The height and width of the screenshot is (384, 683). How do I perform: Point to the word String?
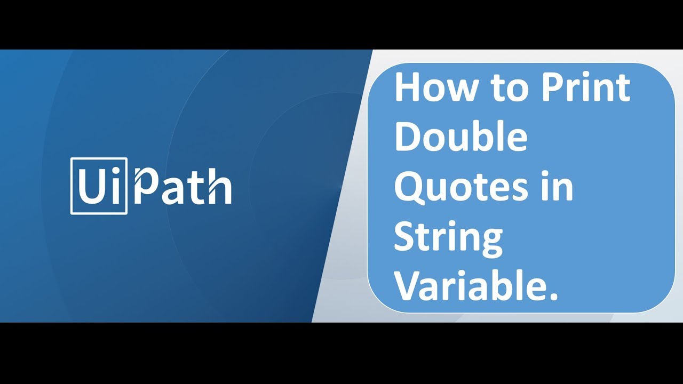(x=448, y=238)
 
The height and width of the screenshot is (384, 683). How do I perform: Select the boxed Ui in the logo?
(x=99, y=186)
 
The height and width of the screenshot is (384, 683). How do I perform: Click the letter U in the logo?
(x=90, y=187)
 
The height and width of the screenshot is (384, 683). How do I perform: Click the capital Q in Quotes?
(x=409, y=188)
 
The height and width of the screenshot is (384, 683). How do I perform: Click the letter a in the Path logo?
(x=174, y=191)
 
